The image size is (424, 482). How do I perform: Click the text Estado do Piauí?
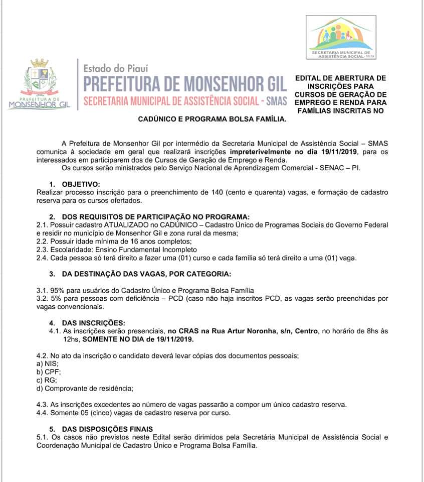point(115,67)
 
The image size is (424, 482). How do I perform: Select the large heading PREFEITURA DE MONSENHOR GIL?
point(185,82)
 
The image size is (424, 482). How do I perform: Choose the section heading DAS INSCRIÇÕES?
point(94,322)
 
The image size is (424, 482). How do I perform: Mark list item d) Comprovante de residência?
point(85,388)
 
